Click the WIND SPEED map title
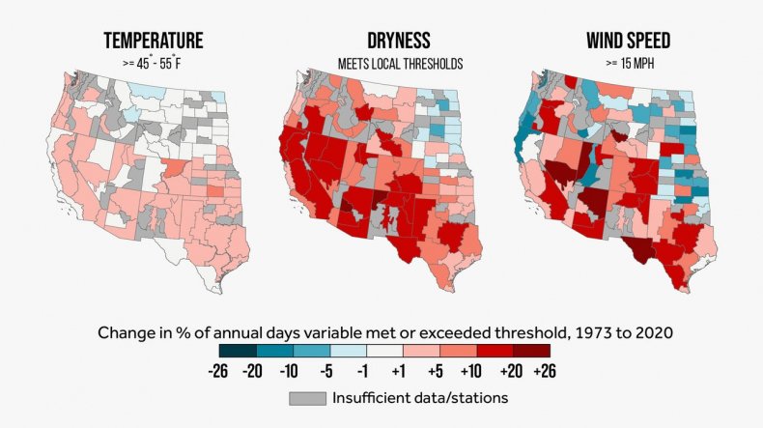coord(630,43)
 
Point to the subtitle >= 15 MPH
coord(630,64)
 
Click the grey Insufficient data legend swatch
coord(307,397)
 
